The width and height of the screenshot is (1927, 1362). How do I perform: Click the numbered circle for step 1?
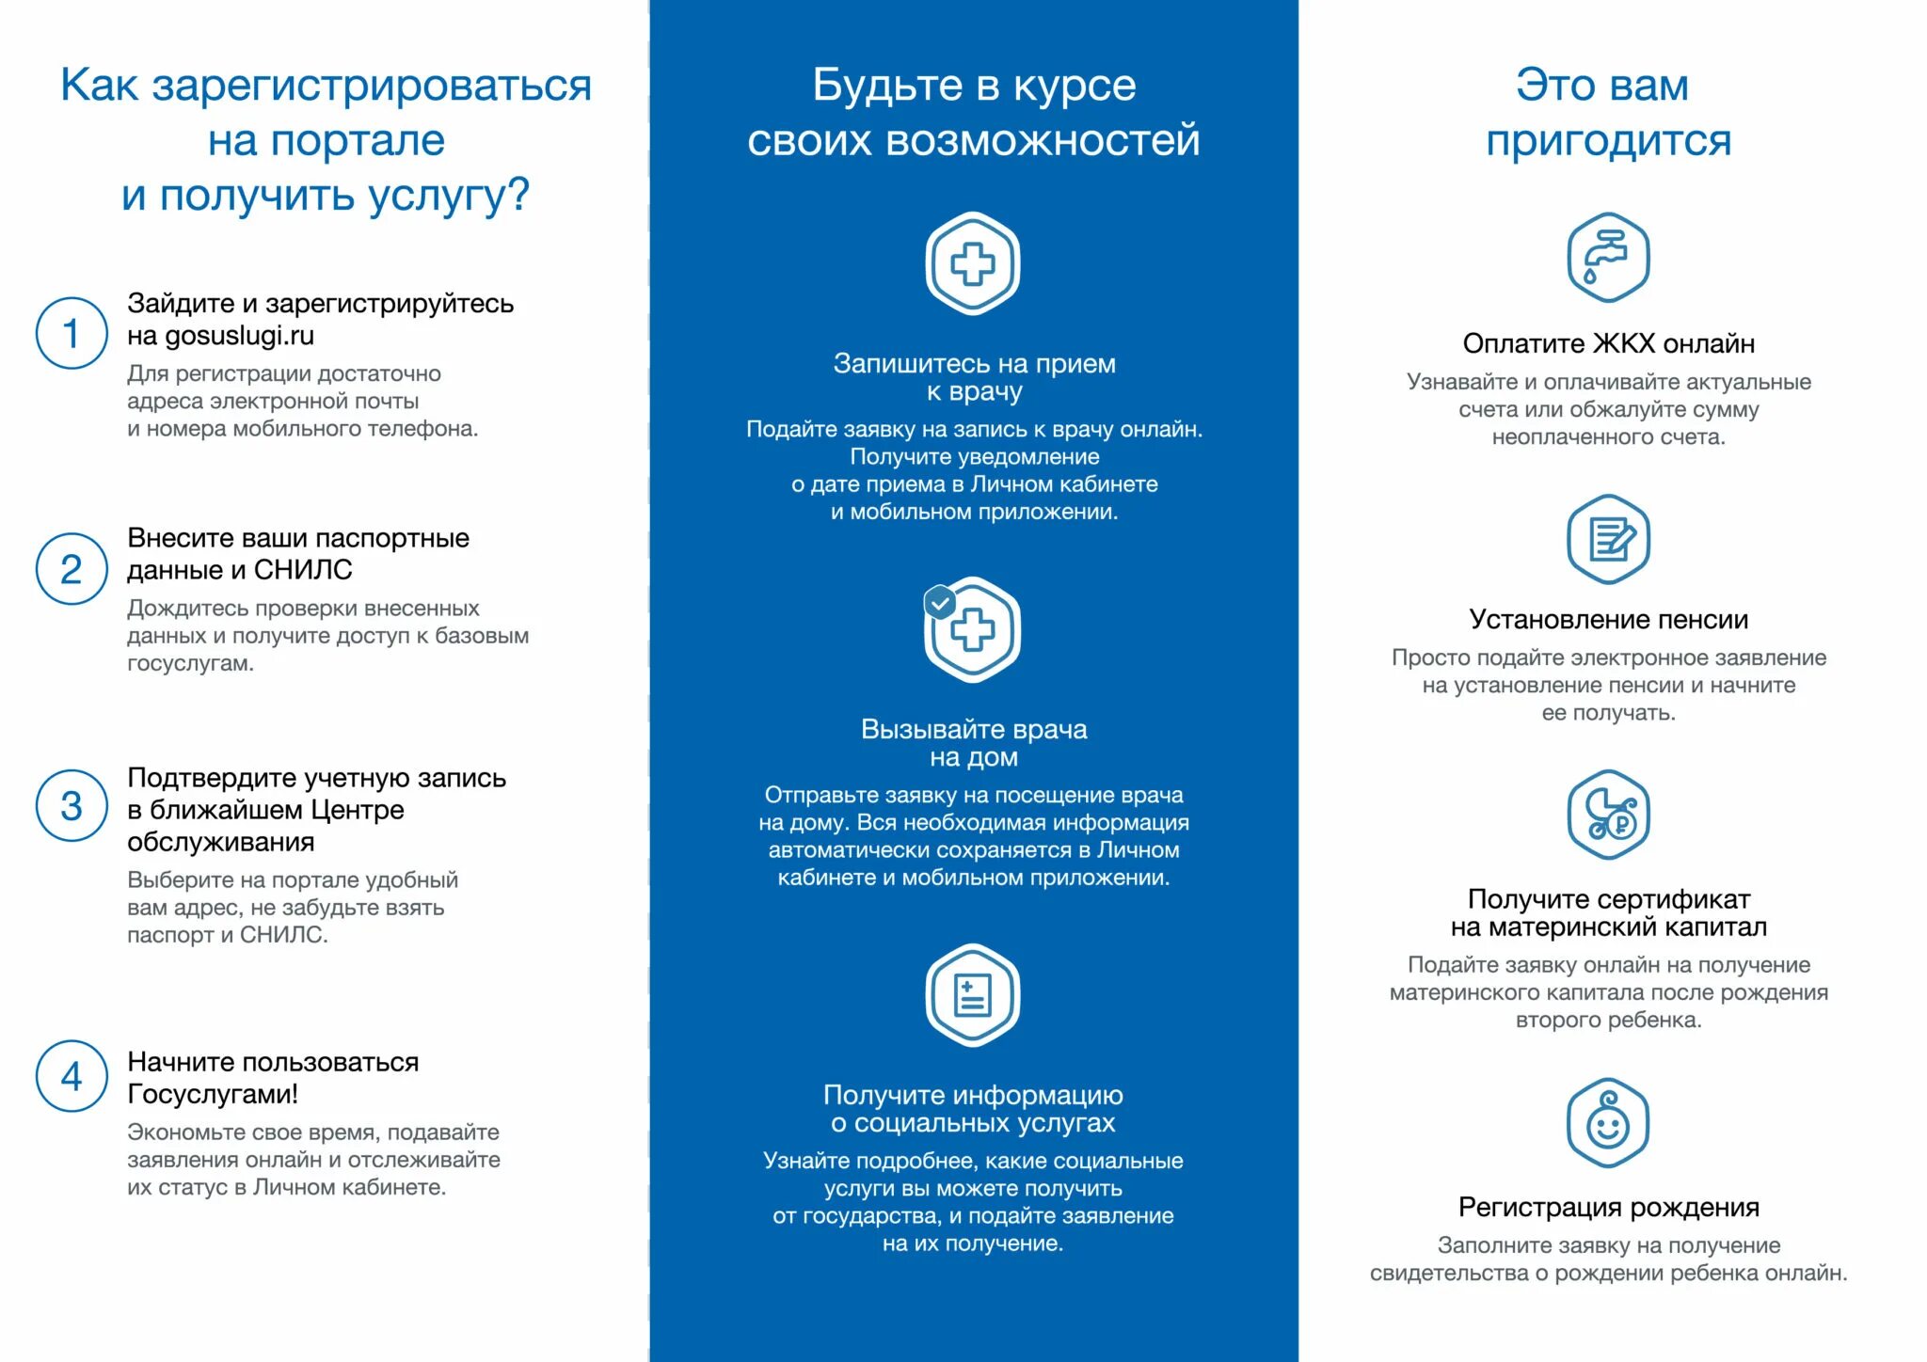(x=72, y=333)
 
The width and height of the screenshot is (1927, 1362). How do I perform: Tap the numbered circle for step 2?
(x=72, y=569)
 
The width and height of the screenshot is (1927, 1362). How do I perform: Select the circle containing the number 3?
(x=72, y=805)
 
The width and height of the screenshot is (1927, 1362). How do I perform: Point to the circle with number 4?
(x=72, y=1076)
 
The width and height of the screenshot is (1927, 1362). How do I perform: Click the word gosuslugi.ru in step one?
(x=240, y=336)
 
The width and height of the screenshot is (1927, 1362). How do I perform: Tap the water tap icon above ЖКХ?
(x=1608, y=257)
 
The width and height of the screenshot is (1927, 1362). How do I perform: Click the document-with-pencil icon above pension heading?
(x=1608, y=539)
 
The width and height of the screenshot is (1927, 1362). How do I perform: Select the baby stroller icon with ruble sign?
(x=1608, y=814)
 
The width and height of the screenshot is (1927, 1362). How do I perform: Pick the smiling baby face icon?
(x=1608, y=1123)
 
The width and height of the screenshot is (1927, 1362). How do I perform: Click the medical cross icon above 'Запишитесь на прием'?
(x=973, y=263)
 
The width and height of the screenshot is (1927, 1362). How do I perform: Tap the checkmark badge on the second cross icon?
(x=940, y=602)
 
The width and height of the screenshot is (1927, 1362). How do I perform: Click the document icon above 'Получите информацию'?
(x=973, y=995)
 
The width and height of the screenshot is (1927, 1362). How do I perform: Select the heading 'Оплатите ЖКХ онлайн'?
(x=1608, y=343)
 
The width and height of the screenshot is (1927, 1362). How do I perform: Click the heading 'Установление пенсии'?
(x=1608, y=619)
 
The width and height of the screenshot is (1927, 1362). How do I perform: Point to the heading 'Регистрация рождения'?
(x=1608, y=1207)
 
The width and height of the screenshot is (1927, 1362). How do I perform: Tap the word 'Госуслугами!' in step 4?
(x=213, y=1094)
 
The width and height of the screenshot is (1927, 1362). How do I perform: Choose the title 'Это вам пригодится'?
(x=1607, y=112)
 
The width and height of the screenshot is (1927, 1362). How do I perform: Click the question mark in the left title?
(x=519, y=196)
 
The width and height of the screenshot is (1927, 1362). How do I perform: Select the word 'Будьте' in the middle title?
(x=887, y=86)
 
